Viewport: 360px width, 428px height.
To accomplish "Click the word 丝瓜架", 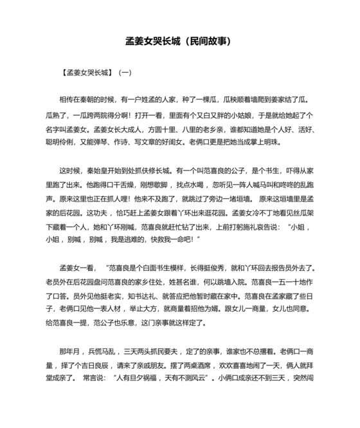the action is tap(305, 212).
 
